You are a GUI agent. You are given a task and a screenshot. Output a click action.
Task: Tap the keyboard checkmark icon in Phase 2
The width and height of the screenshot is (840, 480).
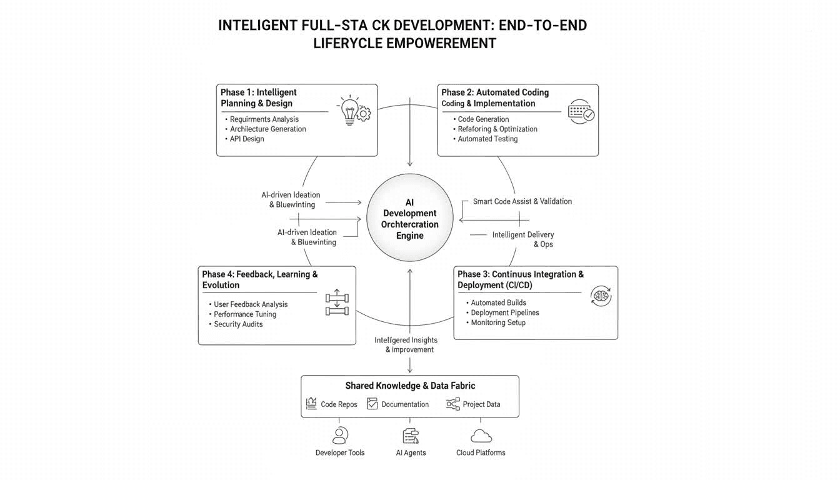581,112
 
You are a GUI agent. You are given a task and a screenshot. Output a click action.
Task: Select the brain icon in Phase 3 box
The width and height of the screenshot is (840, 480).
601,296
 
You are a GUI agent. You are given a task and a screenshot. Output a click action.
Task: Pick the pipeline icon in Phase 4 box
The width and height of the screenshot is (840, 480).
337,302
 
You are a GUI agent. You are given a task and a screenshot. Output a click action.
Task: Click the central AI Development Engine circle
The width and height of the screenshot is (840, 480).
410,218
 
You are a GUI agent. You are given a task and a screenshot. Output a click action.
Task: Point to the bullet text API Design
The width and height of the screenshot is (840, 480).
247,139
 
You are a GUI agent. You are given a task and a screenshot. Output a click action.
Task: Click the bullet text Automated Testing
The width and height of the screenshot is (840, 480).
487,139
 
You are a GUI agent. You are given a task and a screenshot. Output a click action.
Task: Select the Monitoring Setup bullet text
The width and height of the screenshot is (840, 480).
498,322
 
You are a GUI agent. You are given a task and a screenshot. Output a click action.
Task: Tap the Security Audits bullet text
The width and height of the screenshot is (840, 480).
238,324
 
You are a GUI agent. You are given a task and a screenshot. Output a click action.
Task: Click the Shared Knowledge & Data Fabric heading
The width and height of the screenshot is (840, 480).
410,386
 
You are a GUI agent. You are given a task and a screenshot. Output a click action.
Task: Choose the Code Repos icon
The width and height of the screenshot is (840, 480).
311,404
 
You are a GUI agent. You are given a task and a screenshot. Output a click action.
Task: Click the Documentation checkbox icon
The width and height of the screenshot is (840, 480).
372,404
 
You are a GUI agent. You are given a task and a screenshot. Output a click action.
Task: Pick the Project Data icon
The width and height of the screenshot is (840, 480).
453,404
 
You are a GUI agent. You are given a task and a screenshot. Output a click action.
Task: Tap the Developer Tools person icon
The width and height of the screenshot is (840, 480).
340,435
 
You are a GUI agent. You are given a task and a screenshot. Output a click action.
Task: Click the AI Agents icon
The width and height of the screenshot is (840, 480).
411,436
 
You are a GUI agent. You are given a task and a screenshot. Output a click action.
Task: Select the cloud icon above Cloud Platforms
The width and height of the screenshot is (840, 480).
481,436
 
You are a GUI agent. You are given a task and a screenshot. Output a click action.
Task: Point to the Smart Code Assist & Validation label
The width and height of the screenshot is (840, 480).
522,201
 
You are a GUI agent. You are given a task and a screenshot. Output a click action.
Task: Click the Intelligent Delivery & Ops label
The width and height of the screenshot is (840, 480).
523,239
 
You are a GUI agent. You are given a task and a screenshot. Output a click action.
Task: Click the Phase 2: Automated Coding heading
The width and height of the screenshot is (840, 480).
495,92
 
